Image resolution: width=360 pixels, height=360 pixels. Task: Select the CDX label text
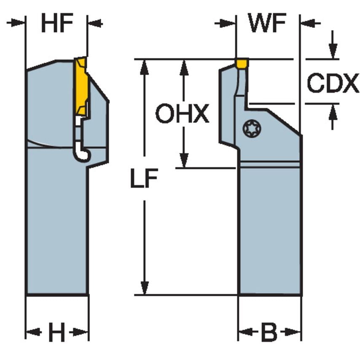click(333, 83)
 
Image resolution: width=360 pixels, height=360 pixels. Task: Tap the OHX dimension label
click(182, 114)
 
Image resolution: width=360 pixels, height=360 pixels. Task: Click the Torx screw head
click(252, 128)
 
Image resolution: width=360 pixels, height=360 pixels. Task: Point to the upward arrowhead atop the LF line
click(145, 66)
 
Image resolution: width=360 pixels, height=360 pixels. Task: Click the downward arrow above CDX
click(333, 53)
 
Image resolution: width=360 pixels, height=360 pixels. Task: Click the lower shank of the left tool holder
click(57, 236)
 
